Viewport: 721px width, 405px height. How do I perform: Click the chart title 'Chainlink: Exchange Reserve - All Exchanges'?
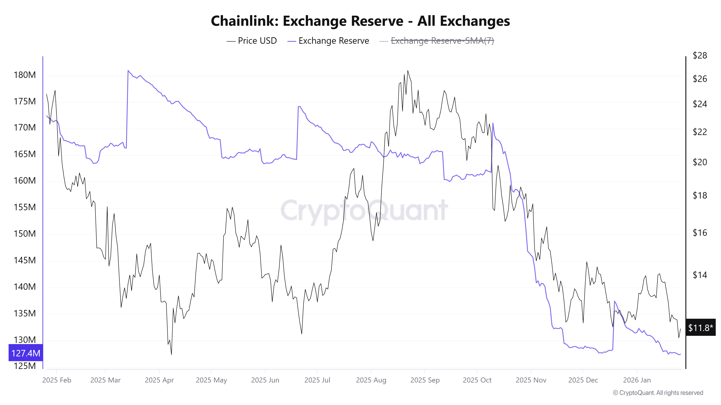coord(360,21)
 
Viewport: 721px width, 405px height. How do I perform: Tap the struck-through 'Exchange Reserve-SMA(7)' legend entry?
coord(442,41)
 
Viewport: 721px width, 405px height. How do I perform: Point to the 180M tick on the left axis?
coord(25,75)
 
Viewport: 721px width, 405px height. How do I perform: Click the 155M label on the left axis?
coord(25,207)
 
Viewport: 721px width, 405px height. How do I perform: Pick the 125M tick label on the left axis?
coord(25,366)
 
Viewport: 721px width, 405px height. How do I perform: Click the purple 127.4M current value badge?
coord(26,353)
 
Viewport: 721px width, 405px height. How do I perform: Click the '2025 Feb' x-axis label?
coord(57,380)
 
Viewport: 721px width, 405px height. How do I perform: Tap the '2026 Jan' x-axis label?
coord(637,380)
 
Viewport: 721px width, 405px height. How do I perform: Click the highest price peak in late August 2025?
coord(408,71)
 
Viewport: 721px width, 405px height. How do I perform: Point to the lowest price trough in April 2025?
coord(171,354)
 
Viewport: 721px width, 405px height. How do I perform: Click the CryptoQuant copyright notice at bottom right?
coord(658,393)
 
